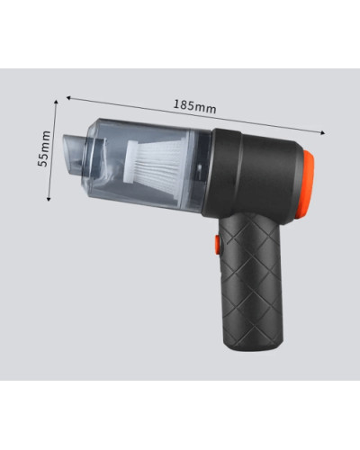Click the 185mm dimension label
point(195,106)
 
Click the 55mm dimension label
point(44,148)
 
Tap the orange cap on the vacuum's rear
point(308,184)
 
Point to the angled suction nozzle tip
point(73,155)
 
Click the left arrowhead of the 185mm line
point(68,97)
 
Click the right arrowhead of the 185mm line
point(323,133)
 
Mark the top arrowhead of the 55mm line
point(56,102)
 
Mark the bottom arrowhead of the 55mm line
point(49,199)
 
